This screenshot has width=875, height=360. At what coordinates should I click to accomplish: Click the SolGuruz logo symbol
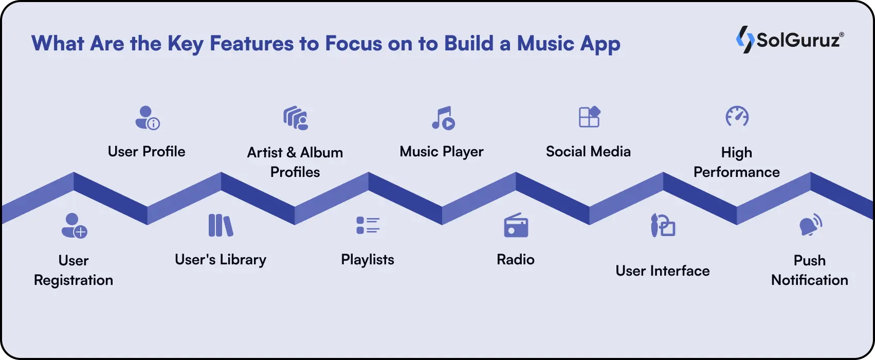(744, 40)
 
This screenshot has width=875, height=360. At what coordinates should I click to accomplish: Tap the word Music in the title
(545, 44)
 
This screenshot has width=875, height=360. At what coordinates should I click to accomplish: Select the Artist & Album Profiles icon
(296, 118)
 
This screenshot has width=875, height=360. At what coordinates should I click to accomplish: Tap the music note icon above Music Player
(443, 118)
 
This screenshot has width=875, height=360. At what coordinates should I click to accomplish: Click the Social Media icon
(589, 117)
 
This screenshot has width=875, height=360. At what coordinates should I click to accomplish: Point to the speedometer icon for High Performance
(737, 117)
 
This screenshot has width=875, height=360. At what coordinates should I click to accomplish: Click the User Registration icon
(74, 226)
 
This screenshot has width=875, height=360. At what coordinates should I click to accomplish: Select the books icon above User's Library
(221, 225)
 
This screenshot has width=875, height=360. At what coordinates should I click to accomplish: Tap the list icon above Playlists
(368, 225)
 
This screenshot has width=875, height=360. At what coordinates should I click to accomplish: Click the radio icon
(516, 225)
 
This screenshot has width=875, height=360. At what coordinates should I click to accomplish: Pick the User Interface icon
(663, 225)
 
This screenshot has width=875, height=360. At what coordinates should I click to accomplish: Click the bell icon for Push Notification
(811, 225)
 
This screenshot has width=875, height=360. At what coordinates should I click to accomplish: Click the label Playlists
(368, 260)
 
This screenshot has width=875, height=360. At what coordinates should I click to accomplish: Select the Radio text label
(516, 260)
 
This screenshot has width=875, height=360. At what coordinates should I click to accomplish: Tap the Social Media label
(588, 152)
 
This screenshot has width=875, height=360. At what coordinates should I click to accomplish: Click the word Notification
(810, 280)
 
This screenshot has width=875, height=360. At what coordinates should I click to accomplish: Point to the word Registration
(74, 281)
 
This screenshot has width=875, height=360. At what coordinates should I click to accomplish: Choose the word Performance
(736, 172)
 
